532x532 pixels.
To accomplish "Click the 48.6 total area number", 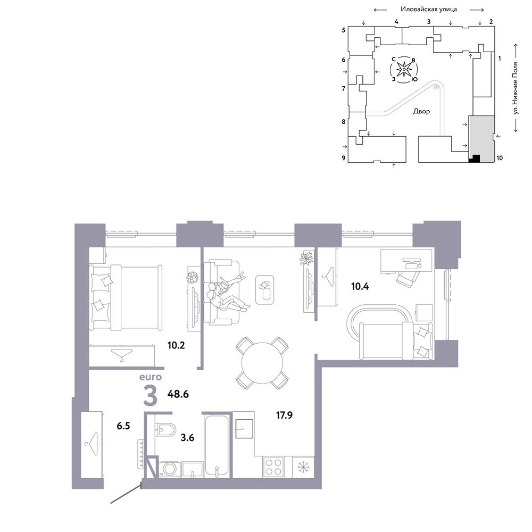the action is tap(178, 394).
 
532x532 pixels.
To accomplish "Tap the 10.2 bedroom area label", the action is tap(176, 345).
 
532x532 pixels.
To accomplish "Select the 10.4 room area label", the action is tap(360, 286).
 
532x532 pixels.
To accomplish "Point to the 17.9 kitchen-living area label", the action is tap(284, 415).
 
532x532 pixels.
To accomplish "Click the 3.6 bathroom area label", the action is tap(187, 438).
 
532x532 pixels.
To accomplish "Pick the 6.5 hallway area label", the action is tap(123, 426).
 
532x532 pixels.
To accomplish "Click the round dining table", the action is tap(262, 363).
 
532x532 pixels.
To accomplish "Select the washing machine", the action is tap(170, 469).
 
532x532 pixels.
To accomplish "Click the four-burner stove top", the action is tap(273, 467).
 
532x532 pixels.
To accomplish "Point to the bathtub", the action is tap(217, 446).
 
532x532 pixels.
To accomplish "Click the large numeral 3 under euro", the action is tap(151, 396).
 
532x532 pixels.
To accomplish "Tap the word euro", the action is tap(151, 377).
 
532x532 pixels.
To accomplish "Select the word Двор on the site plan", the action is tap(421, 111).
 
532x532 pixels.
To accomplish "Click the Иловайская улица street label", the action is tap(429, 9).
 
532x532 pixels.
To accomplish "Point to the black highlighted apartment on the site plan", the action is tap(475, 159).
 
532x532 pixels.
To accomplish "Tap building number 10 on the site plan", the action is tap(500, 158).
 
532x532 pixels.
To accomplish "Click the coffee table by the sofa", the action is tap(264, 289).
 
